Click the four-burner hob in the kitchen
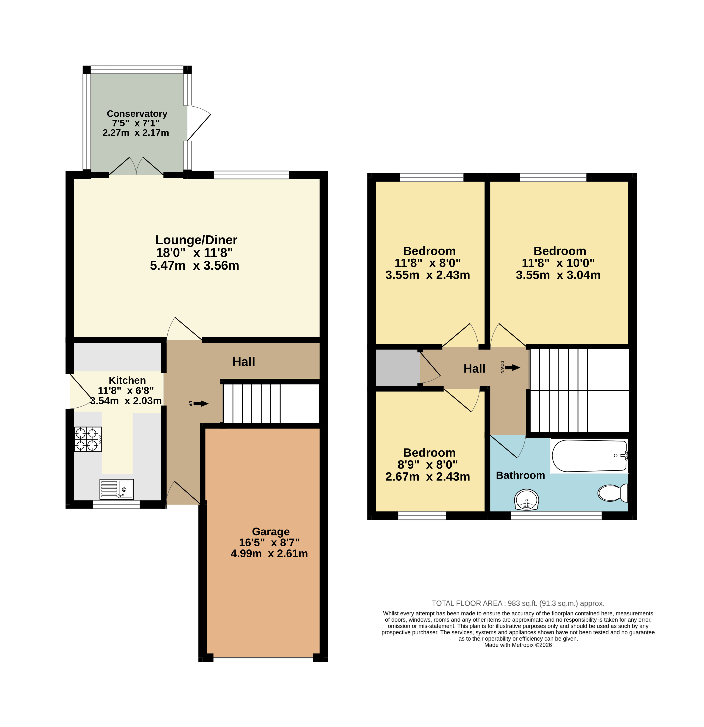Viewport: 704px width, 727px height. [x=88, y=439]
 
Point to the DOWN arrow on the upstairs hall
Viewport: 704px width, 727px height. [x=512, y=368]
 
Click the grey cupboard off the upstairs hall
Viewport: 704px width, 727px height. [x=398, y=368]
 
